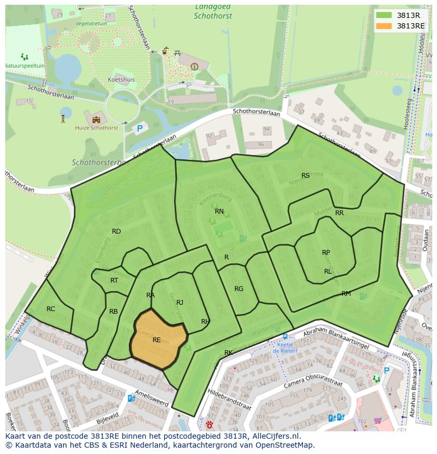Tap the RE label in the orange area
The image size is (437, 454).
tap(156, 340)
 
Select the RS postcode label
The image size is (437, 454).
tap(306, 176)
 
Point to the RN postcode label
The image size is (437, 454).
tap(219, 211)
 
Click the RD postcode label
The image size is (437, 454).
tap(116, 231)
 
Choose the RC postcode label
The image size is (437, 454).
tap(51, 308)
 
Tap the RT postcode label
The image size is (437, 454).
tap(114, 281)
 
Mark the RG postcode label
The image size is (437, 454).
tap(239, 288)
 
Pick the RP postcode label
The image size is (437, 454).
tap(326, 253)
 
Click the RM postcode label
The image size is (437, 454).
tap(346, 293)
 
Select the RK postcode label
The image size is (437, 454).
tap(229, 352)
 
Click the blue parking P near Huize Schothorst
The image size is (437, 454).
tap(140, 128)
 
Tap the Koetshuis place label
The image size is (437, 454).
tap(121, 80)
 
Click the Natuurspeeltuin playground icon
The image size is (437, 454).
tap(24, 56)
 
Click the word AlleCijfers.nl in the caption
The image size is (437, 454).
tap(274, 437)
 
